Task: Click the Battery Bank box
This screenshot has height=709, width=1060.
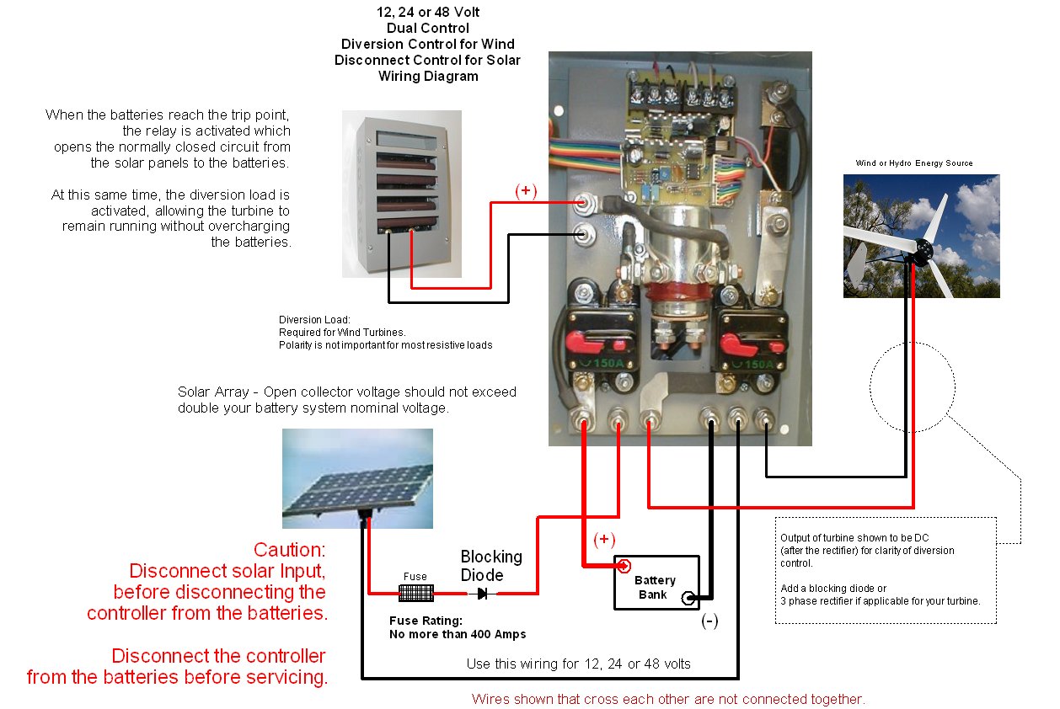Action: pos(656,581)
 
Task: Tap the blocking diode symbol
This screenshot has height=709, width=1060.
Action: pos(482,594)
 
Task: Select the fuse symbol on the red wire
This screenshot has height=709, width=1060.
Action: pos(415,593)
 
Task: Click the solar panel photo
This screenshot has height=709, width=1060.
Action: pos(357,478)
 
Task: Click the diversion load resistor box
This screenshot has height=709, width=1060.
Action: pos(402,194)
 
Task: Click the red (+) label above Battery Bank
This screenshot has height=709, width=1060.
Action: pos(604,539)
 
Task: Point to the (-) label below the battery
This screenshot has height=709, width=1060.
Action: pos(709,621)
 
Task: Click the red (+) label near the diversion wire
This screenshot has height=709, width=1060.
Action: pos(526,190)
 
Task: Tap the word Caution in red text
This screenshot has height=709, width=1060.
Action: pos(289,550)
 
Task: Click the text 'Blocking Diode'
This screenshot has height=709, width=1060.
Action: pos(491,566)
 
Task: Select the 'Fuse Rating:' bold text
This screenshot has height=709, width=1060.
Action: pos(426,621)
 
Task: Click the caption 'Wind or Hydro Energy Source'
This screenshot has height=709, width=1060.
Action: pos(914,163)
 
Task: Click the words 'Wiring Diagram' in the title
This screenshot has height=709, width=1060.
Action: pos(428,76)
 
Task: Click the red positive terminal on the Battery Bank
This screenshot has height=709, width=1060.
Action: pos(624,565)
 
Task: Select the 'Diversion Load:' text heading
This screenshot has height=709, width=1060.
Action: pos(314,320)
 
